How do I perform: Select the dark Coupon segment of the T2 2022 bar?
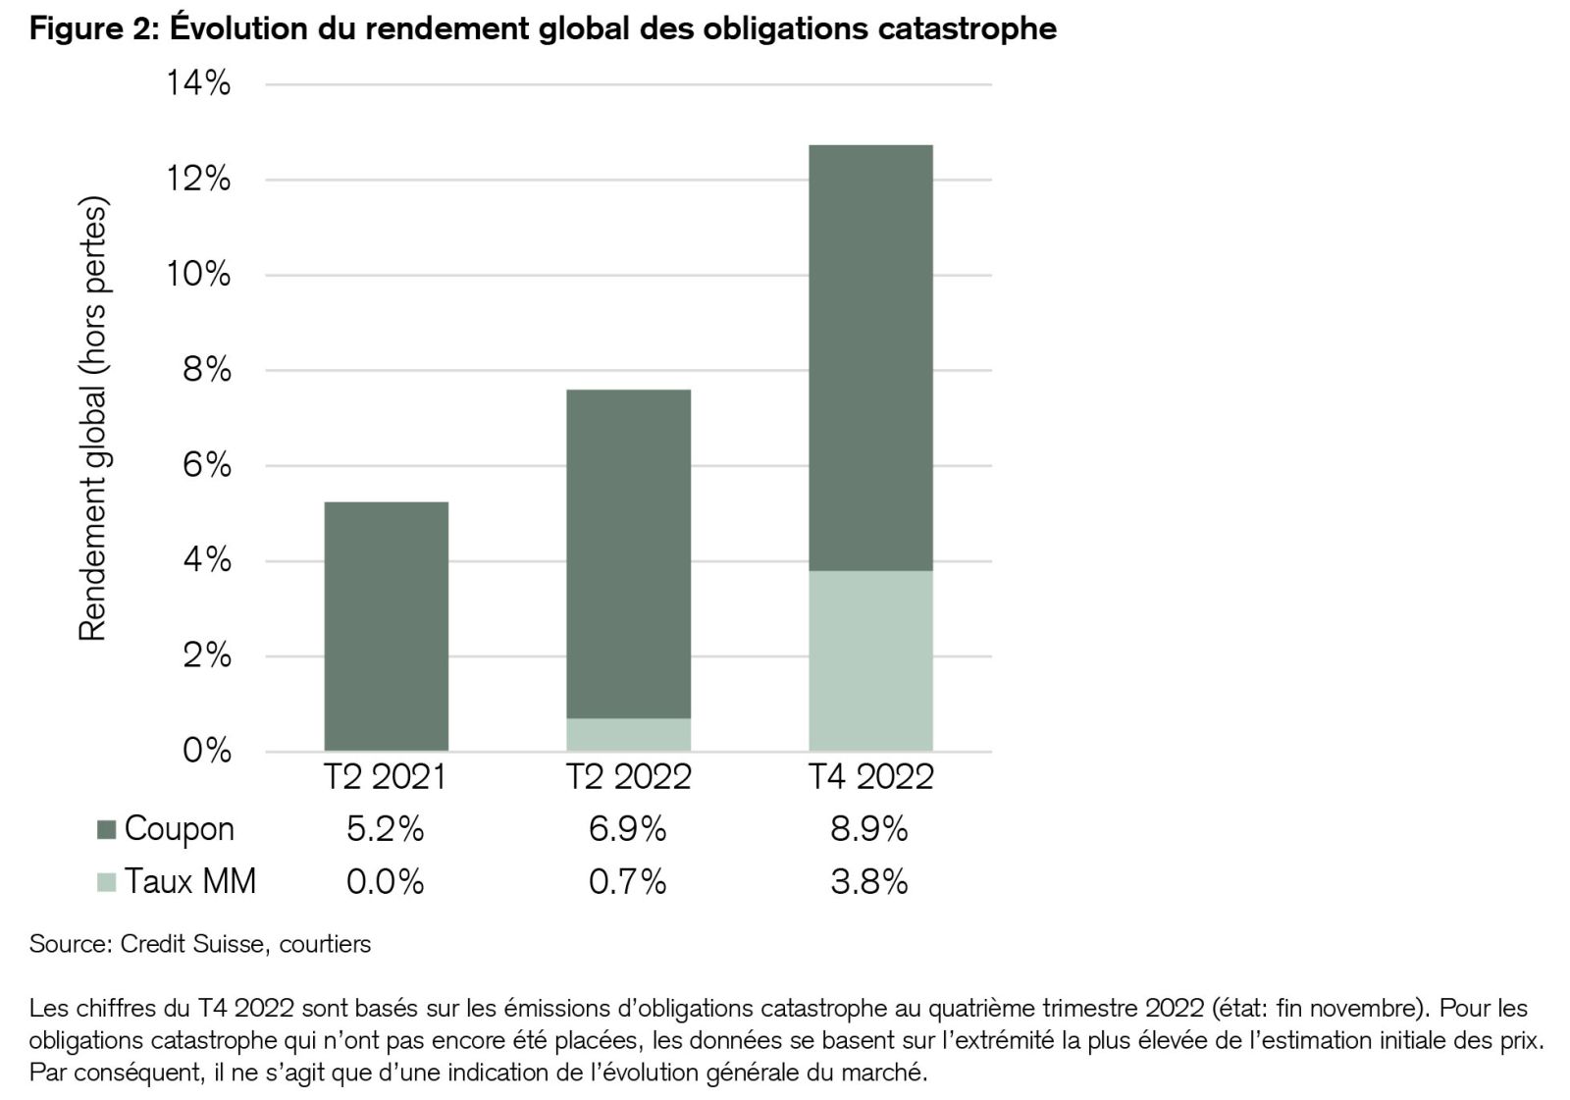coord(628,553)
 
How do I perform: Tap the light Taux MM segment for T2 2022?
coord(628,734)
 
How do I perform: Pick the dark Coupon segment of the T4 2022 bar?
coord(870,357)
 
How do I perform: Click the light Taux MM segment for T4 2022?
coord(870,660)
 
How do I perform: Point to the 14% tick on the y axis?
coord(198,83)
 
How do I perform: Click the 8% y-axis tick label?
coord(207,370)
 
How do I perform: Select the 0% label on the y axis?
coord(207,751)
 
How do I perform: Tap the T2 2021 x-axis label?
coord(386,777)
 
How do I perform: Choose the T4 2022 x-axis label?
coord(870,777)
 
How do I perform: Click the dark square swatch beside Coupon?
coord(107,830)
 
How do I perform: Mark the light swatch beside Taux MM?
coord(107,882)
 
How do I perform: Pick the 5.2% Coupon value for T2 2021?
coord(386,830)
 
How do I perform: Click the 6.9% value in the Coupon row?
coord(628,830)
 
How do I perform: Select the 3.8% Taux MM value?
coord(869,882)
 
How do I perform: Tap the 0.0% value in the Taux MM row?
coord(386,882)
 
